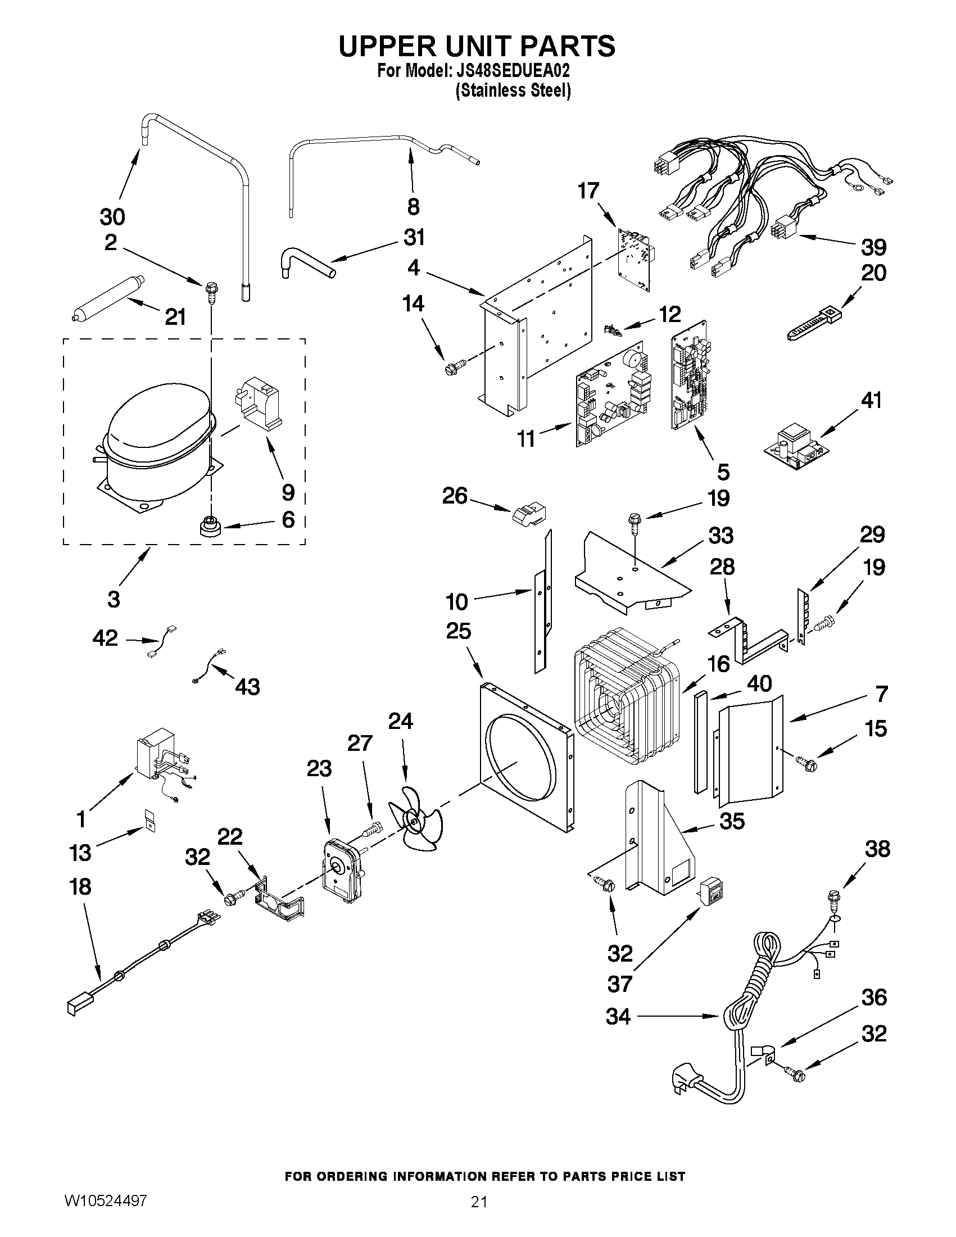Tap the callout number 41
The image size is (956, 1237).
pyautogui.click(x=871, y=401)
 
